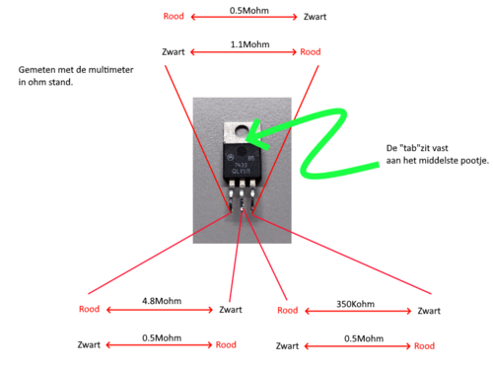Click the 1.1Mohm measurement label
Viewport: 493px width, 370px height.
tap(249, 44)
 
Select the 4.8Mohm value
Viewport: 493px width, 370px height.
tap(162, 301)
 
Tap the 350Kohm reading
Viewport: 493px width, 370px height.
tap(355, 304)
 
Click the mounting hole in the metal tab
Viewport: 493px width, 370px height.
tap(243, 132)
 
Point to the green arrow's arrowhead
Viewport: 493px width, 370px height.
tap(255, 135)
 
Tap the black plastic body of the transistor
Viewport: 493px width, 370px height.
tap(242, 162)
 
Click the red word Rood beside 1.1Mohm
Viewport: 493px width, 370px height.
tap(311, 52)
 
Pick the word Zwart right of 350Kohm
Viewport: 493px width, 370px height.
tap(429, 311)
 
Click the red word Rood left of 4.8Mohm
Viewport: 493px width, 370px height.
tap(89, 309)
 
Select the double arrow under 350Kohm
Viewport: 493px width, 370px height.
tap(358, 311)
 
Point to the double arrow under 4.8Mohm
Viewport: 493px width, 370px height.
tap(160, 310)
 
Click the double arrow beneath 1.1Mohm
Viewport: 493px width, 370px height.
tap(244, 52)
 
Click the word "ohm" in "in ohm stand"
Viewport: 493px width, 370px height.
tap(36, 82)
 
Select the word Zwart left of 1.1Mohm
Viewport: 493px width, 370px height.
tap(174, 52)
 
